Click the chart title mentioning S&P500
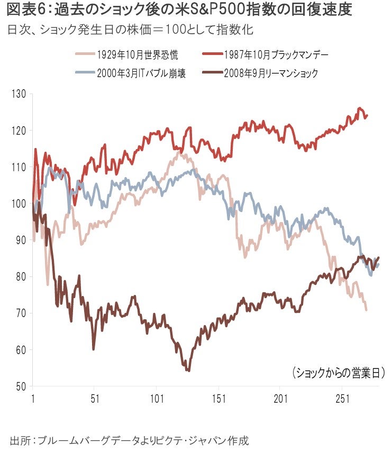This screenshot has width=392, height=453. [178, 10]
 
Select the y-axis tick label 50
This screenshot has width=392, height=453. [20, 386]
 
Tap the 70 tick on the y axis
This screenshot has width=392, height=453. [20, 313]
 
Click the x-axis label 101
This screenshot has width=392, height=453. [156, 398]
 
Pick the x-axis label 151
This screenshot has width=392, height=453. [218, 398]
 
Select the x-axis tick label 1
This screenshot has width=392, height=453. [33, 398]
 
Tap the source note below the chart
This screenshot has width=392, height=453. [130, 439]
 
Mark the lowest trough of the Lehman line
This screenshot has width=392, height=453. [188, 371]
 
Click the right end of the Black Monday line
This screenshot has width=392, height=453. [367, 115]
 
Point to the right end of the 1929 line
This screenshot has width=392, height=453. [366, 310]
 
